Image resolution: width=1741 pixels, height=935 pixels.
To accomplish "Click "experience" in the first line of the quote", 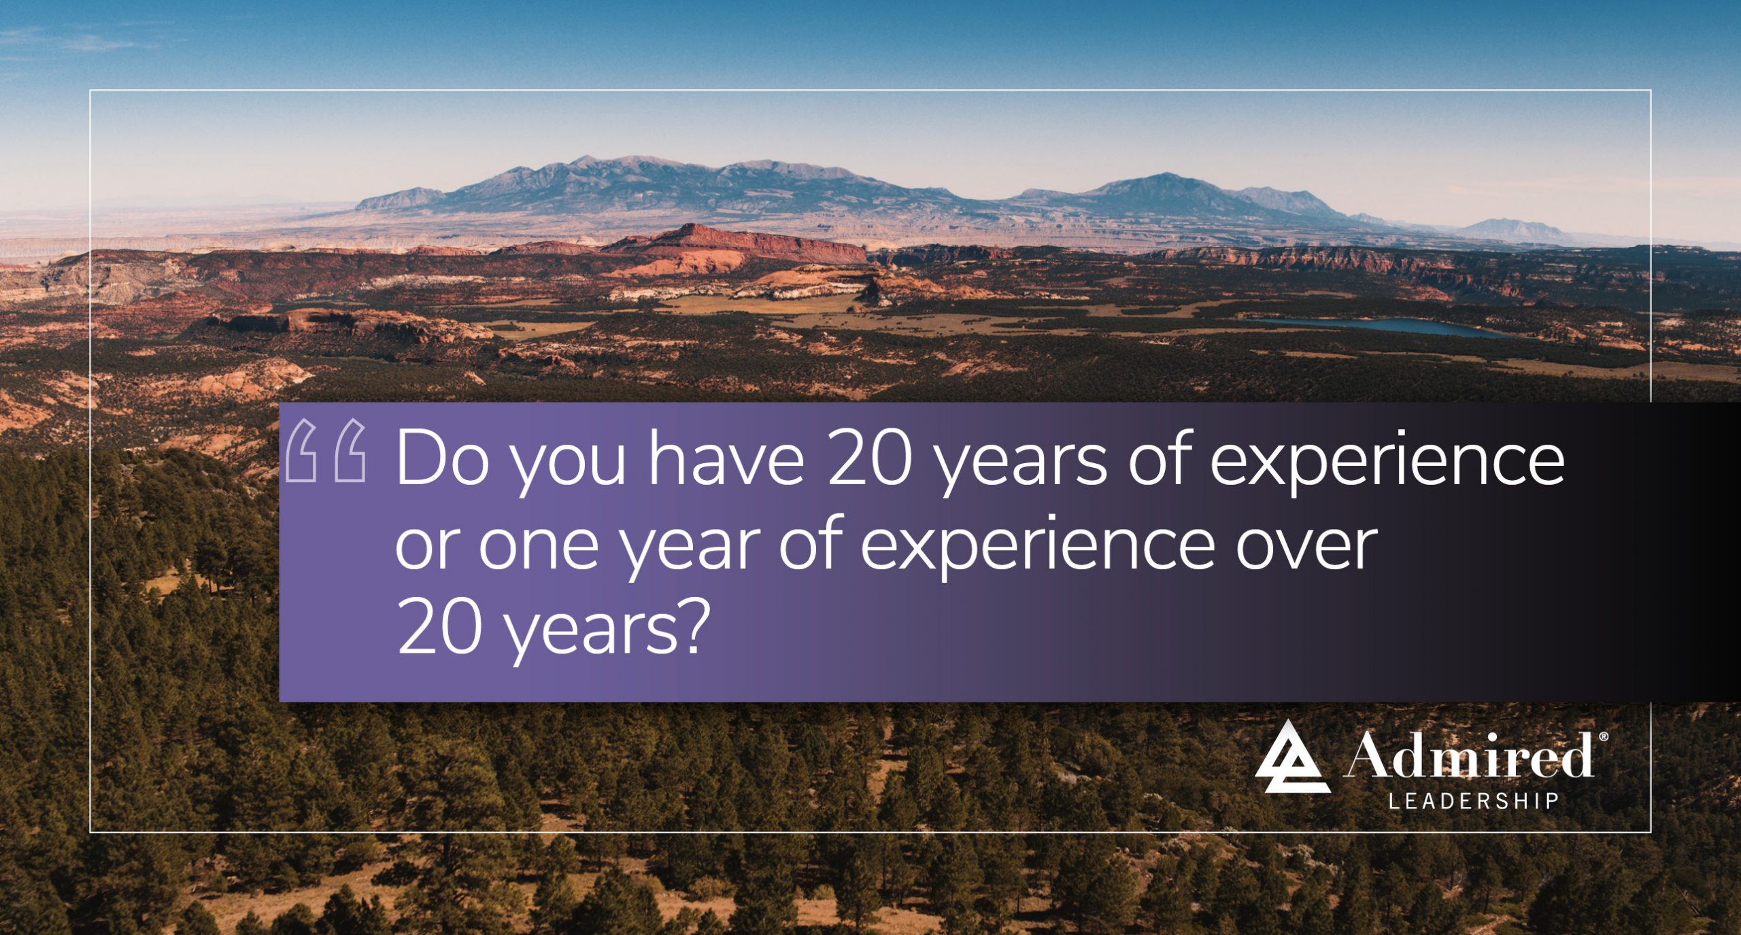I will [1387, 462].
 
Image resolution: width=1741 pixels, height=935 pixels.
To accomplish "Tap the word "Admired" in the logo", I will [1469, 755].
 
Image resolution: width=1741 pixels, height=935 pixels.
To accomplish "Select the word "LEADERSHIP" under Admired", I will [1473, 801].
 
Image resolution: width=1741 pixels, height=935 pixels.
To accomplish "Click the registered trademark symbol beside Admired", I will [1604, 736].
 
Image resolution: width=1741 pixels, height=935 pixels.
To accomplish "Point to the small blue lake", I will [1381, 326].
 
